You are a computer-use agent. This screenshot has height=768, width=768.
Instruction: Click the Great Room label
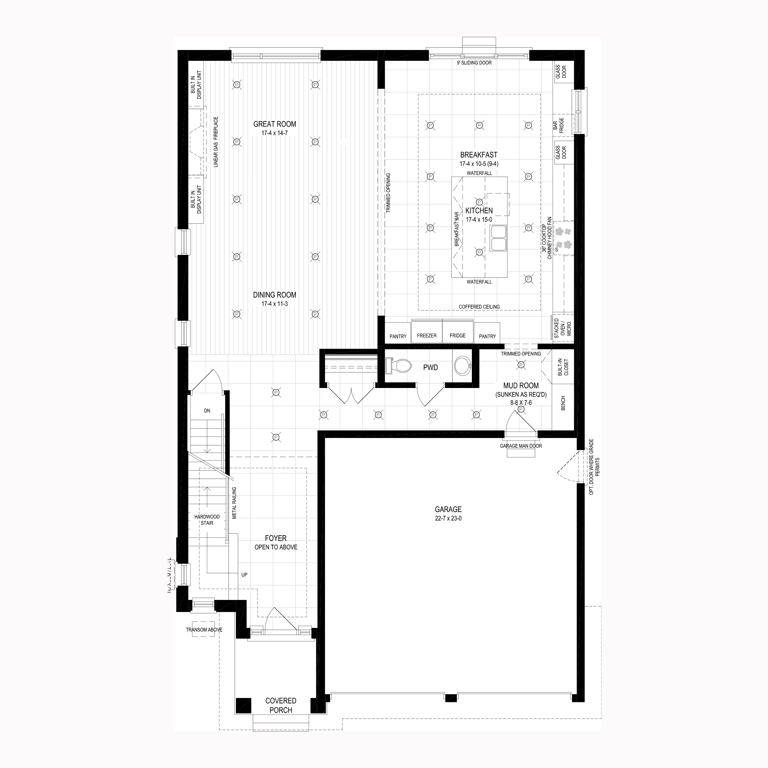275,124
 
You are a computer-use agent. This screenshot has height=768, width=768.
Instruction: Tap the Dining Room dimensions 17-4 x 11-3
274,304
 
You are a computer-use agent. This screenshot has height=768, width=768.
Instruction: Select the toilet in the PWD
398,366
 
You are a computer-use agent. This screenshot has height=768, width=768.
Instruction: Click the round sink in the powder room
462,366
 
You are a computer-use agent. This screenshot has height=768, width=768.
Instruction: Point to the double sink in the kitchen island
498,238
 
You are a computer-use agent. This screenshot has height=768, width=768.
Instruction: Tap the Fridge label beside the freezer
457,335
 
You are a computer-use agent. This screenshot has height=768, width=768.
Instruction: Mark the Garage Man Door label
521,446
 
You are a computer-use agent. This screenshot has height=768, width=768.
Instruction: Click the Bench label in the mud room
563,403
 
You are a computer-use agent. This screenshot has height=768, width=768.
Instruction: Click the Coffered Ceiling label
479,307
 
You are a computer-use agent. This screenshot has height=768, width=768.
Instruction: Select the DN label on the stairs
207,411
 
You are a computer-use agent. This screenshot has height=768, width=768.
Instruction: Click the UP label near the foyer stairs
244,575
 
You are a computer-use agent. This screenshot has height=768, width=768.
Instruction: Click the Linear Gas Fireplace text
216,142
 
